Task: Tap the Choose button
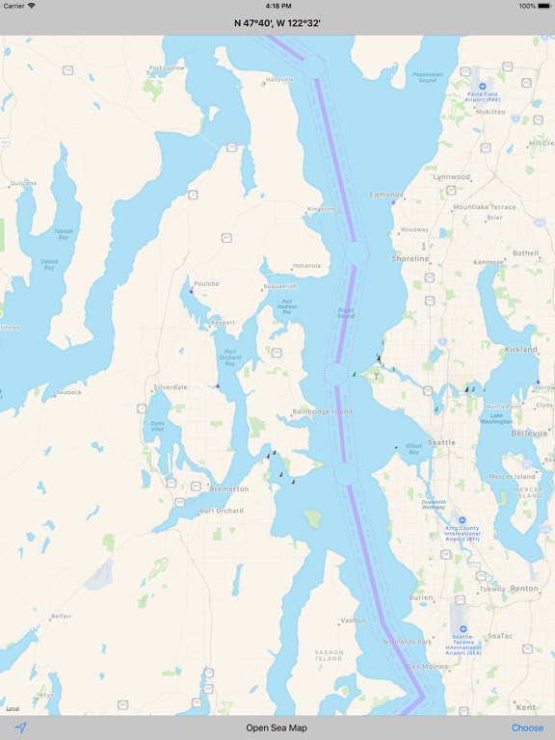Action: click(x=527, y=727)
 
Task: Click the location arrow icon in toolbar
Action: click(x=20, y=727)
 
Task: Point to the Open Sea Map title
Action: click(x=277, y=727)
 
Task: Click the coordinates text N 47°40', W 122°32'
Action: click(x=277, y=22)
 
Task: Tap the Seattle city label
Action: click(x=441, y=442)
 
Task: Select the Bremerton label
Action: click(x=229, y=489)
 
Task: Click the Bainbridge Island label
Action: click(x=322, y=411)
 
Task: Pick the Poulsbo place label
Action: click(x=206, y=284)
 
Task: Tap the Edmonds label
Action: click(x=386, y=195)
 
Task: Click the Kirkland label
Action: click(x=521, y=350)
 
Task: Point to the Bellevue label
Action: click(x=529, y=434)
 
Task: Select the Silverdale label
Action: click(x=171, y=387)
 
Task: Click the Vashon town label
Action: click(x=353, y=621)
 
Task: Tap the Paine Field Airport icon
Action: click(x=482, y=86)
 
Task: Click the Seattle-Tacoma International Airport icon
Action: click(x=463, y=629)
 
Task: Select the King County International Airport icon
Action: click(x=462, y=520)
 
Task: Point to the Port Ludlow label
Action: click(x=167, y=68)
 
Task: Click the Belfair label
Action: click(x=62, y=616)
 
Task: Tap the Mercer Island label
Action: click(x=512, y=476)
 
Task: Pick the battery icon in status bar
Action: click(x=541, y=6)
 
